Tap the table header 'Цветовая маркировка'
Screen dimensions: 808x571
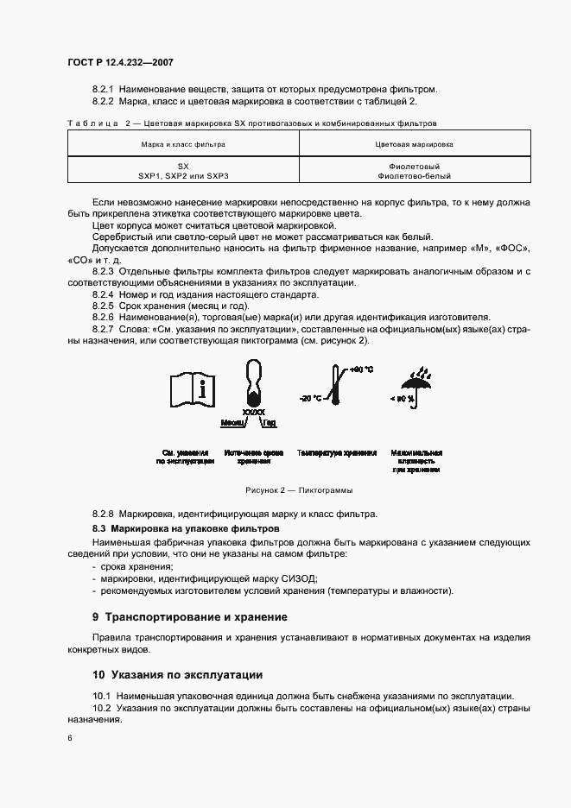[415, 144]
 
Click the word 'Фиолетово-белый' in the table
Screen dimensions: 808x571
[415, 175]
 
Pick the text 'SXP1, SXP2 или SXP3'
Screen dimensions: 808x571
[183, 175]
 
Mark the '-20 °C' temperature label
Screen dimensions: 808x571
[310, 398]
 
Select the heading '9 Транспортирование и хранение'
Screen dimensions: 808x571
[190, 617]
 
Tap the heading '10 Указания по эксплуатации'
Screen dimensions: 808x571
[178, 674]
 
